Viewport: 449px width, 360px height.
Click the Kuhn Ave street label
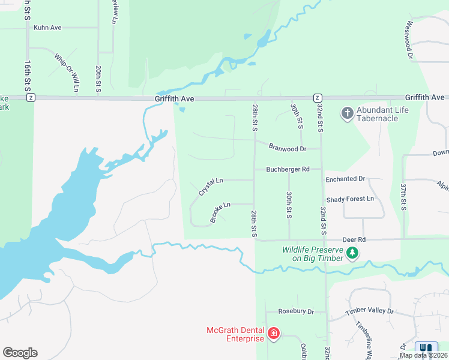(x=48, y=28)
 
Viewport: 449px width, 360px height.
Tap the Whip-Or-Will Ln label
(x=67, y=73)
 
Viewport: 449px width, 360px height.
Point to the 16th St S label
(x=28, y=74)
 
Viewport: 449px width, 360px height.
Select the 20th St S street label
(x=97, y=79)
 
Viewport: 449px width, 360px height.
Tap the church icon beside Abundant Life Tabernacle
(x=346, y=113)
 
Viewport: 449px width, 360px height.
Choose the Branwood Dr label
(x=288, y=148)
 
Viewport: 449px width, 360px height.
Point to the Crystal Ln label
(x=211, y=186)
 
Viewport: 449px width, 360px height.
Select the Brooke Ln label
(x=220, y=212)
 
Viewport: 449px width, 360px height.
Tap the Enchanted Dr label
(x=345, y=179)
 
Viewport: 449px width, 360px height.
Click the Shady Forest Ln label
(x=350, y=199)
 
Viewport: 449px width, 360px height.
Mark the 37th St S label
(x=404, y=197)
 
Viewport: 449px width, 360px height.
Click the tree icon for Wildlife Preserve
(x=353, y=254)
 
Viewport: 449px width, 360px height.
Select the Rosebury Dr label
(x=296, y=312)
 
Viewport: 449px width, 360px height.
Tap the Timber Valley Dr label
(x=370, y=312)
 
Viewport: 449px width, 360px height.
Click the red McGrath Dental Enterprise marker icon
(x=274, y=333)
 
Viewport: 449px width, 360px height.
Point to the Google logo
(x=20, y=353)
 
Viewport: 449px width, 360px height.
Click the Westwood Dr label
(x=410, y=40)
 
